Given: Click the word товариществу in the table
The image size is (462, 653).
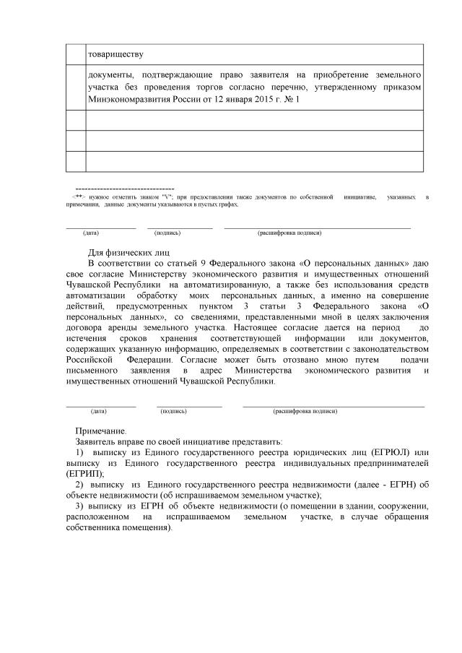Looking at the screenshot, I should click(115, 54).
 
